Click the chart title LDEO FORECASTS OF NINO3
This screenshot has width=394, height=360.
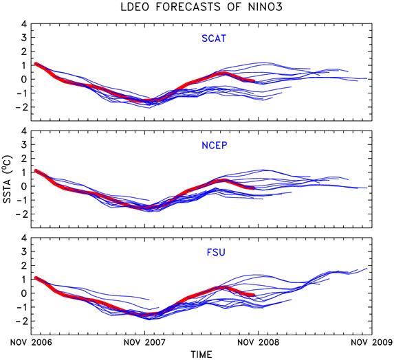201,7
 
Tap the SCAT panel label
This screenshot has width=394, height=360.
214,38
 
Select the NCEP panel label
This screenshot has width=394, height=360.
215,146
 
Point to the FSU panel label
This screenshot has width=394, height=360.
216,252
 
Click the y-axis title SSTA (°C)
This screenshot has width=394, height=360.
8,179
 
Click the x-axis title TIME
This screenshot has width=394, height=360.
201,355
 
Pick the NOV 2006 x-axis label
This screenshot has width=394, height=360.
31,342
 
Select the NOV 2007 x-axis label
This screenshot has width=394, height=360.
144,342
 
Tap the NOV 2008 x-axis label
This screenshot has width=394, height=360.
259,342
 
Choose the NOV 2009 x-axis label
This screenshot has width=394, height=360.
372,342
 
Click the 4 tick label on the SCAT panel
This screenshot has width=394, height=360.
24,24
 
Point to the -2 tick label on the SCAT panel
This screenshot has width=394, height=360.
21,107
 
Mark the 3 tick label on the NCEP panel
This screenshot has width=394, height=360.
24,144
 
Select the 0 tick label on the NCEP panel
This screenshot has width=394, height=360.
24,186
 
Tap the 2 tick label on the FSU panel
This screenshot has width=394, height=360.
24,266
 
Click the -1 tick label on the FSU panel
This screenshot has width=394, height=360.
21,307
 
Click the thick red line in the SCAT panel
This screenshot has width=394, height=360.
149,101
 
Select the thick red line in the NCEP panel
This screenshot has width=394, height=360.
149,207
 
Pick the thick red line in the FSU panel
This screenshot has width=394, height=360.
149,314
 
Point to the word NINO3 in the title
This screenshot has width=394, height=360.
265,7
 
